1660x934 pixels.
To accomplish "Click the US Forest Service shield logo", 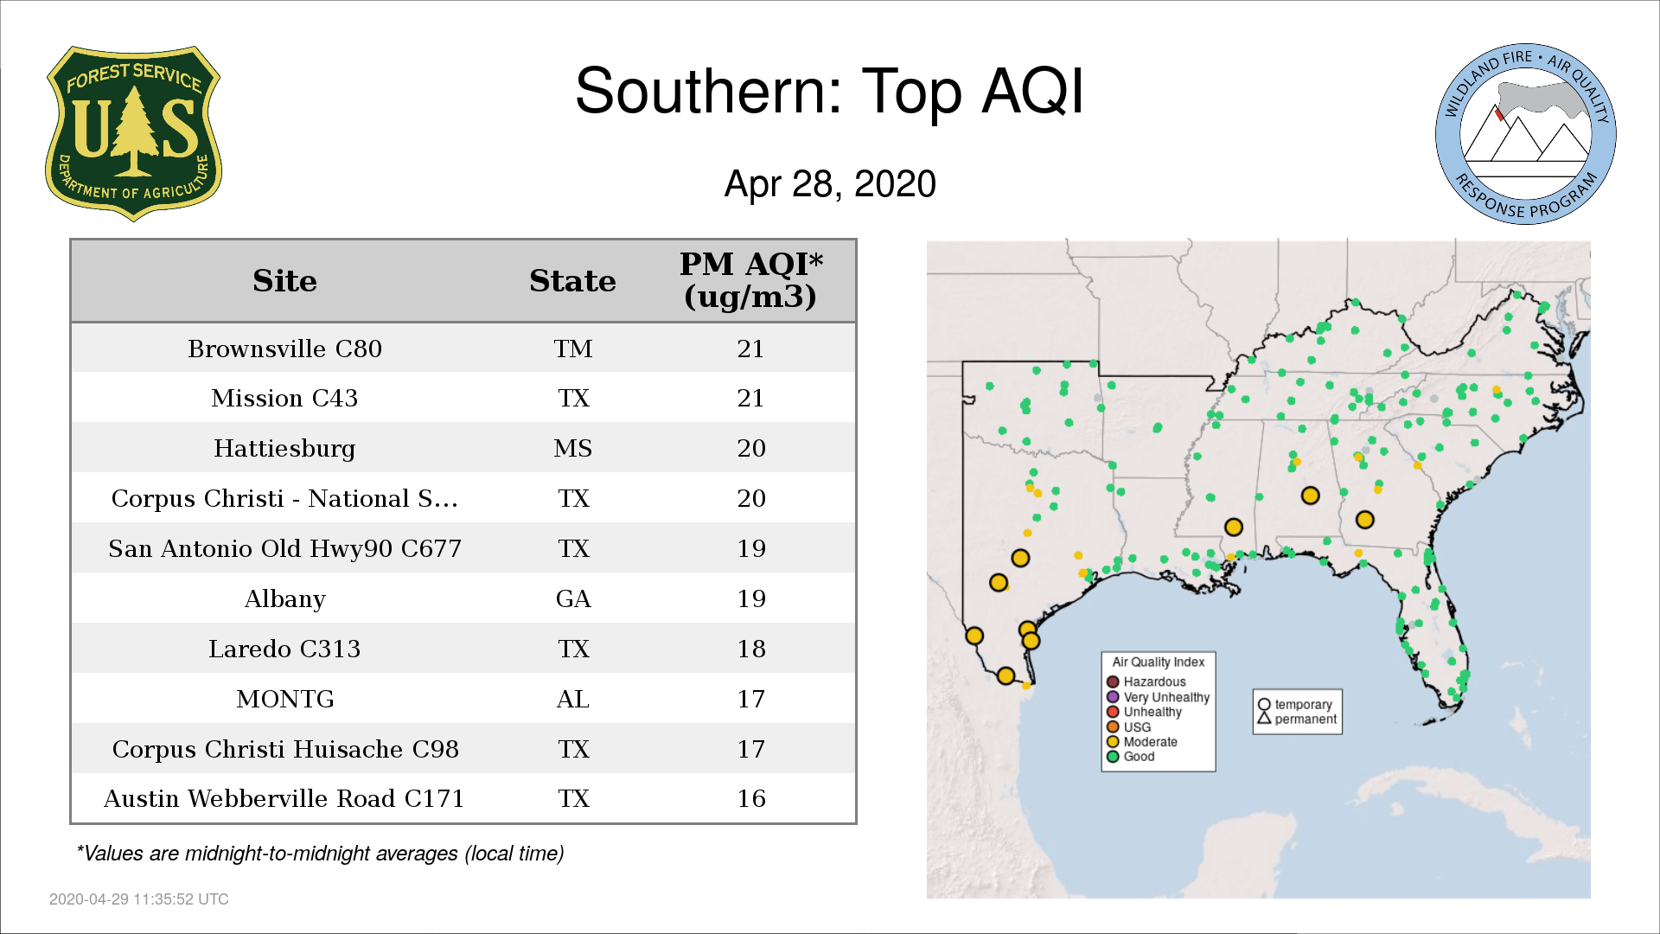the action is tap(133, 134).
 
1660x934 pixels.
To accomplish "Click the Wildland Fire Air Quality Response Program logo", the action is tap(1526, 134).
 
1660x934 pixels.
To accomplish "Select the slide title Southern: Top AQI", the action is tap(829, 91).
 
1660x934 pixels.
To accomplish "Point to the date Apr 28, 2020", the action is tap(830, 184).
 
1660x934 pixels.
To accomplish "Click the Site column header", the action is tap(284, 281).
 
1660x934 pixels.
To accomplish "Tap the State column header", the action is tap(572, 281).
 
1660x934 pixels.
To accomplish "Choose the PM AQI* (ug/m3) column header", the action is tap(750, 280).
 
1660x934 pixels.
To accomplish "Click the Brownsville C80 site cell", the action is tap(284, 349).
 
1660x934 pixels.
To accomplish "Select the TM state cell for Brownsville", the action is tap(573, 349).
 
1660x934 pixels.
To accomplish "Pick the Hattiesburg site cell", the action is tap(284, 449).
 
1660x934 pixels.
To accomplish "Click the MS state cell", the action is tap(573, 449).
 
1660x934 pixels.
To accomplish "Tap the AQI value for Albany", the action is tap(751, 598).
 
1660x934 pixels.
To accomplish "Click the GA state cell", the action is tap(573, 598).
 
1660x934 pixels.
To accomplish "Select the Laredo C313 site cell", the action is tap(284, 649).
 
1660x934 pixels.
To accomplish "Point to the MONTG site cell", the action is tap(285, 699).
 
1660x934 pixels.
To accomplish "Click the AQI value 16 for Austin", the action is tap(751, 798).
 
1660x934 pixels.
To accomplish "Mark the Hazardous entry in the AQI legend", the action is tap(1146, 681).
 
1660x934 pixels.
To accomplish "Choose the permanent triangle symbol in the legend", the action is tap(1264, 719).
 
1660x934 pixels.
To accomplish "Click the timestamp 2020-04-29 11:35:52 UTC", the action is tap(139, 899).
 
